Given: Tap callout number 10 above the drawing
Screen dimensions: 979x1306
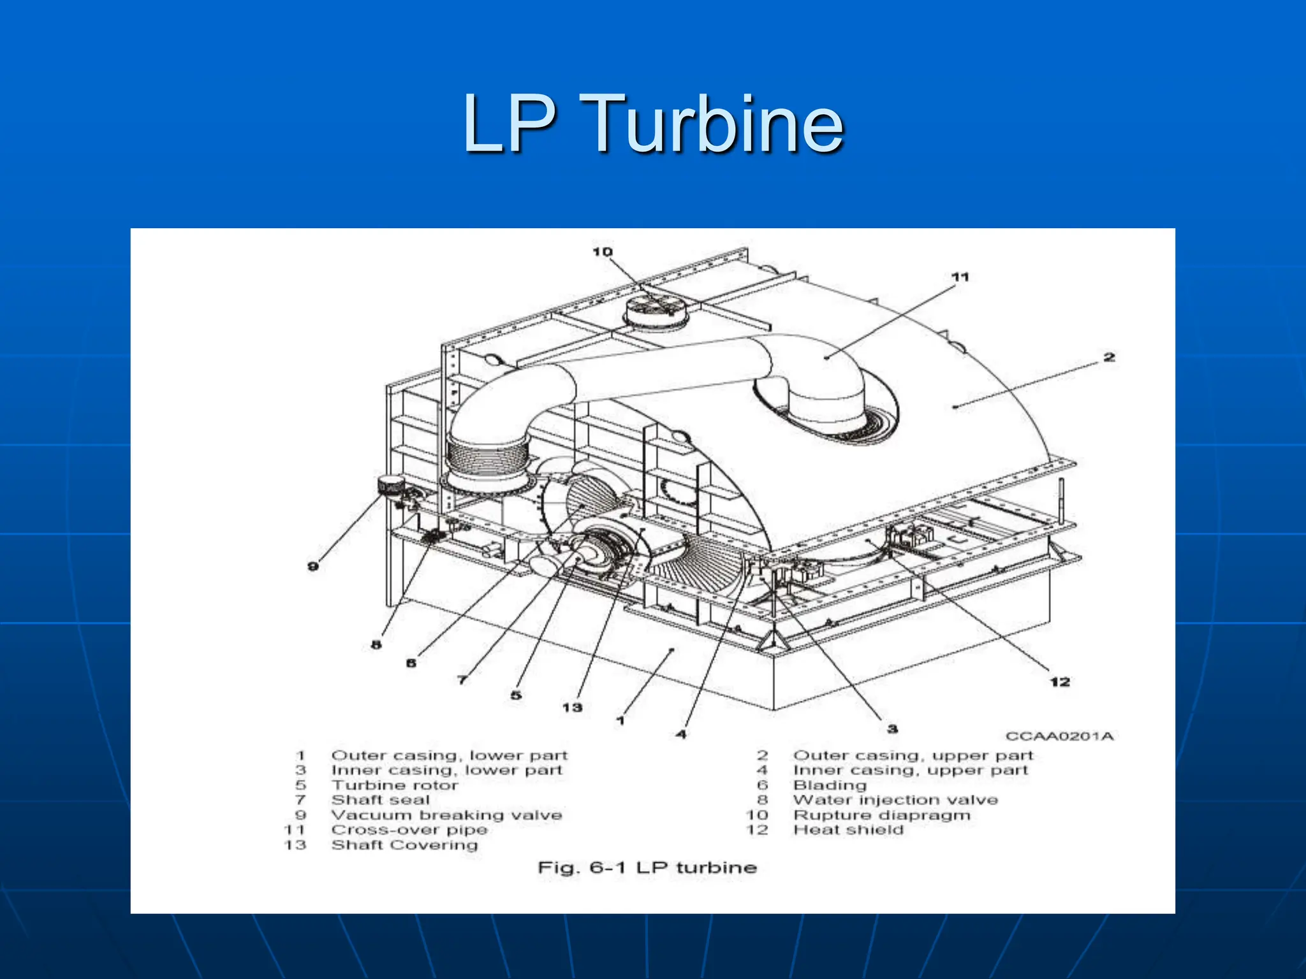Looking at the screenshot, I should tap(602, 252).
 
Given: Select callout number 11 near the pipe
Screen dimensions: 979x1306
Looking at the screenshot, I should tap(960, 277).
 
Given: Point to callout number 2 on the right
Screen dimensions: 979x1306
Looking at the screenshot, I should tap(1110, 357).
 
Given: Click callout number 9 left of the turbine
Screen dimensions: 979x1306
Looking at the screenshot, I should tap(313, 566).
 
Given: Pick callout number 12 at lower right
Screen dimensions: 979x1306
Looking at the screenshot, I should tap(1060, 682).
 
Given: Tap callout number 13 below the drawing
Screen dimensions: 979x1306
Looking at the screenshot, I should tap(572, 707).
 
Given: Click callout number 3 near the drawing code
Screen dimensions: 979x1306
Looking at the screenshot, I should tap(892, 729).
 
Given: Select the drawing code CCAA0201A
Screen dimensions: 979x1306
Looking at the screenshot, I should tap(1059, 736).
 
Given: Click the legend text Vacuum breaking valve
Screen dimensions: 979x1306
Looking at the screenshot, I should tap(446, 815).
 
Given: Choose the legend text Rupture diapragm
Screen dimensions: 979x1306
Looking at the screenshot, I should tap(881, 815).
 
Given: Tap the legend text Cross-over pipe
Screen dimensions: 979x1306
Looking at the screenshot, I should tap(409, 830).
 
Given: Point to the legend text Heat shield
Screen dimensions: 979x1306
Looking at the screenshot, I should tap(848, 830).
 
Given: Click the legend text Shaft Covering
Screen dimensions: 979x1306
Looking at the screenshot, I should tap(404, 845).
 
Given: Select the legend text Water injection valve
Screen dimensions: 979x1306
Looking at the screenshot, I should tap(895, 800).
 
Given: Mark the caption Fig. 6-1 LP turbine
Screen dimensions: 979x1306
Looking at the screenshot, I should tap(647, 867).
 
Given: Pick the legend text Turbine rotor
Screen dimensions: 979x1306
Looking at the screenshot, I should tap(395, 785).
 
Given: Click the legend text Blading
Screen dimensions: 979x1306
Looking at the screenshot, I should tap(830, 785).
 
